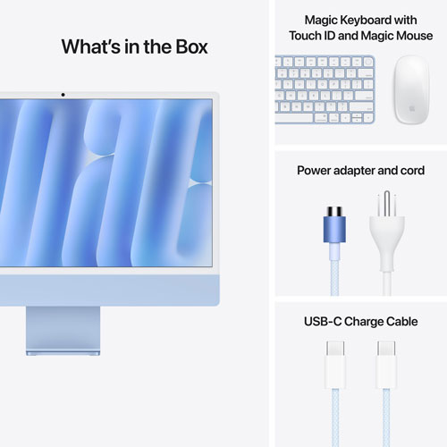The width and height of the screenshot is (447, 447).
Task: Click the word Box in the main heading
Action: tap(188, 46)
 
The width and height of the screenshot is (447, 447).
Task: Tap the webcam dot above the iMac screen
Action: tap(63, 93)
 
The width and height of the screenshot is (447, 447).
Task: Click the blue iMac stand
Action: tap(63, 333)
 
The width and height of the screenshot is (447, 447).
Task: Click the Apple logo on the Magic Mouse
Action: tap(412, 105)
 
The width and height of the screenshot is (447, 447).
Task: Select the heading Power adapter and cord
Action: tap(359, 170)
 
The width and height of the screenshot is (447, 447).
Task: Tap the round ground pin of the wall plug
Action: tap(388, 202)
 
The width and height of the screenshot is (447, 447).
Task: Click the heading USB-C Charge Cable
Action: tap(361, 321)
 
